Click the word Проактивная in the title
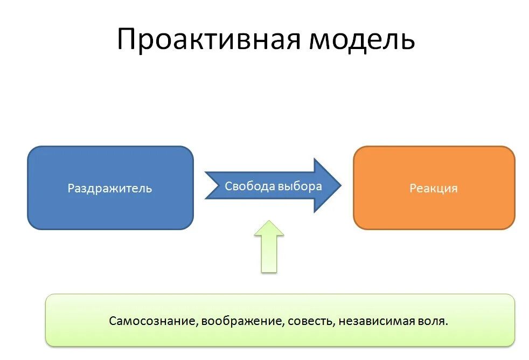coord(208,40)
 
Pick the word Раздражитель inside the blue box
coord(110,189)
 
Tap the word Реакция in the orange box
coord(434,189)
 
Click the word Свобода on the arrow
coord(249,186)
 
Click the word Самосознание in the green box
coord(151,321)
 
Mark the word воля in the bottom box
coord(434,321)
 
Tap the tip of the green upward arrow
coord(269,221)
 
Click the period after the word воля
coord(447,324)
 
